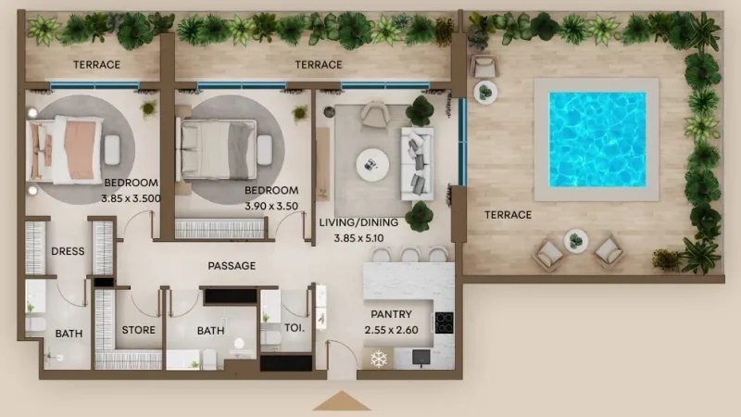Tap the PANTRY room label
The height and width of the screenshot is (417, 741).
[391, 315]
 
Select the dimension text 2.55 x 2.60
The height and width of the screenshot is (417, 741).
[391, 329]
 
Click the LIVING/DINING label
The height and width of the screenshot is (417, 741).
[358, 222]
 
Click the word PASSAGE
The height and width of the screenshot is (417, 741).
[232, 266]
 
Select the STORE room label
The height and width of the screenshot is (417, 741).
[138, 330]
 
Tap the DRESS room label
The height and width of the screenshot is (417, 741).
[68, 250]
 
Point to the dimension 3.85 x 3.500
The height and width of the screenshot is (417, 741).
[132, 197]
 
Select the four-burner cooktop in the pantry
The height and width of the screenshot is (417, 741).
[444, 322]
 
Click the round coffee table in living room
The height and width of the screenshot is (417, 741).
[373, 165]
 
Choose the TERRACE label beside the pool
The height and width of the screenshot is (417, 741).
[509, 215]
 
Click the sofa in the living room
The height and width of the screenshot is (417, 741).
[414, 163]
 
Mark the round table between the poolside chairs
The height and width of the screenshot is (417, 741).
[575, 241]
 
